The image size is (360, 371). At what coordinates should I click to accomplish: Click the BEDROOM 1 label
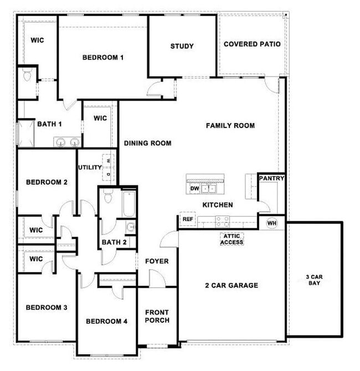pyautogui.click(x=103, y=57)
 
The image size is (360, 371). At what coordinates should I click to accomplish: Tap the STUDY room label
pyautogui.click(x=182, y=46)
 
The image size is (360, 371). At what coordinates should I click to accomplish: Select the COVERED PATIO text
pyautogui.click(x=251, y=44)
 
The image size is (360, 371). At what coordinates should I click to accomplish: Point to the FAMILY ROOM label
pyautogui.click(x=230, y=126)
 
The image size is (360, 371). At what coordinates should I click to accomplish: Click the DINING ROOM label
pyautogui.click(x=147, y=143)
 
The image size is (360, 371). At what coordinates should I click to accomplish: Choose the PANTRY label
pyautogui.click(x=271, y=179)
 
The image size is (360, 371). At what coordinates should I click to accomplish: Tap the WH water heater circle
pyautogui.click(x=271, y=223)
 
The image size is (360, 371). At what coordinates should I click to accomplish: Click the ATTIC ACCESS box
pyautogui.click(x=232, y=238)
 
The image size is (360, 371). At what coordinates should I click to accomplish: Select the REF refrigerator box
pyautogui.click(x=187, y=220)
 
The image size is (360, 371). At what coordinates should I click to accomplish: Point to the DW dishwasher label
pyautogui.click(x=194, y=189)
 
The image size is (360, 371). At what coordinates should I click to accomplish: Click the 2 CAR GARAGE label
pyautogui.click(x=232, y=286)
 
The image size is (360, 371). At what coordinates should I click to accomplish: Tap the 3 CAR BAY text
pyautogui.click(x=314, y=279)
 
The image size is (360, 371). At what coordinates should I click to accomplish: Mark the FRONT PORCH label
pyautogui.click(x=157, y=316)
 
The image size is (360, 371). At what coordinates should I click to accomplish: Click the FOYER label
pyautogui.click(x=157, y=261)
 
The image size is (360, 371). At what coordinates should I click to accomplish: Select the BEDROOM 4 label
pyautogui.click(x=107, y=321)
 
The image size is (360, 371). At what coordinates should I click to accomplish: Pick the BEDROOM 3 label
pyautogui.click(x=46, y=307)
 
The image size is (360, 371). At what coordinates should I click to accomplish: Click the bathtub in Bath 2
pyautogui.click(x=128, y=204)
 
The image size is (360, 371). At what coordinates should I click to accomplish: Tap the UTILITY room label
pyautogui.click(x=89, y=167)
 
